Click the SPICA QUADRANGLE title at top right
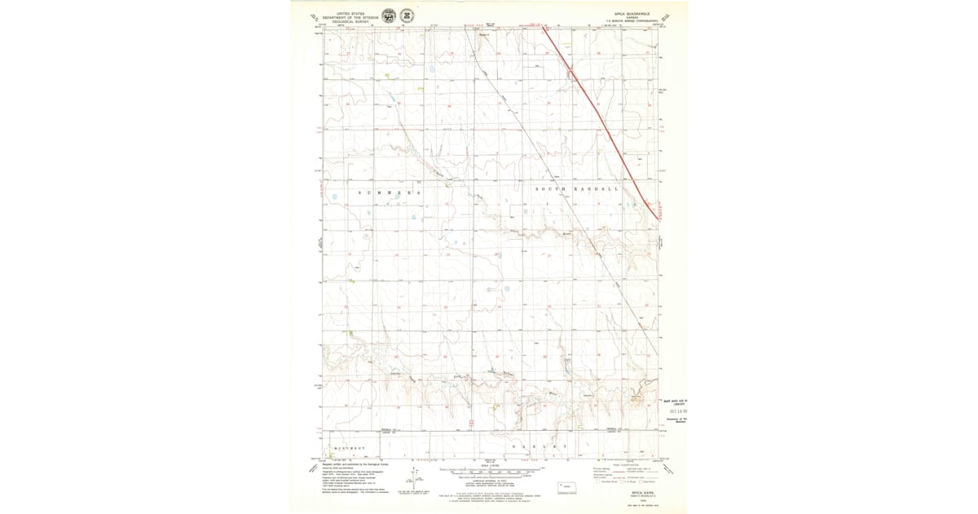click(x=632, y=13)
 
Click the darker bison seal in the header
click(x=389, y=16)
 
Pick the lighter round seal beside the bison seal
click(x=407, y=16)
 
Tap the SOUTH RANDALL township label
click(x=577, y=188)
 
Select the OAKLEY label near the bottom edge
click(x=538, y=447)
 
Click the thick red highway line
click(x=603, y=122)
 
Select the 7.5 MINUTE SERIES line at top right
click(x=632, y=21)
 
